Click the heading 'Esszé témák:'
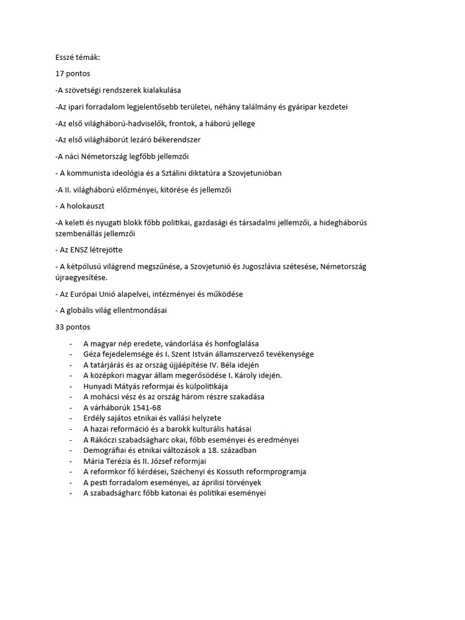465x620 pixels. point(77,57)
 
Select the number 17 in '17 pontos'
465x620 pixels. point(59,73)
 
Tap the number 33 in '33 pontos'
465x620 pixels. point(59,327)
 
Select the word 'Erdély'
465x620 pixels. point(96,418)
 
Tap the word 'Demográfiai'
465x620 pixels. point(107,450)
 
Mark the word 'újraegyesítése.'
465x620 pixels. point(82,277)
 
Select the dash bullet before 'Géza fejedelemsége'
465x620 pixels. point(71,354)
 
